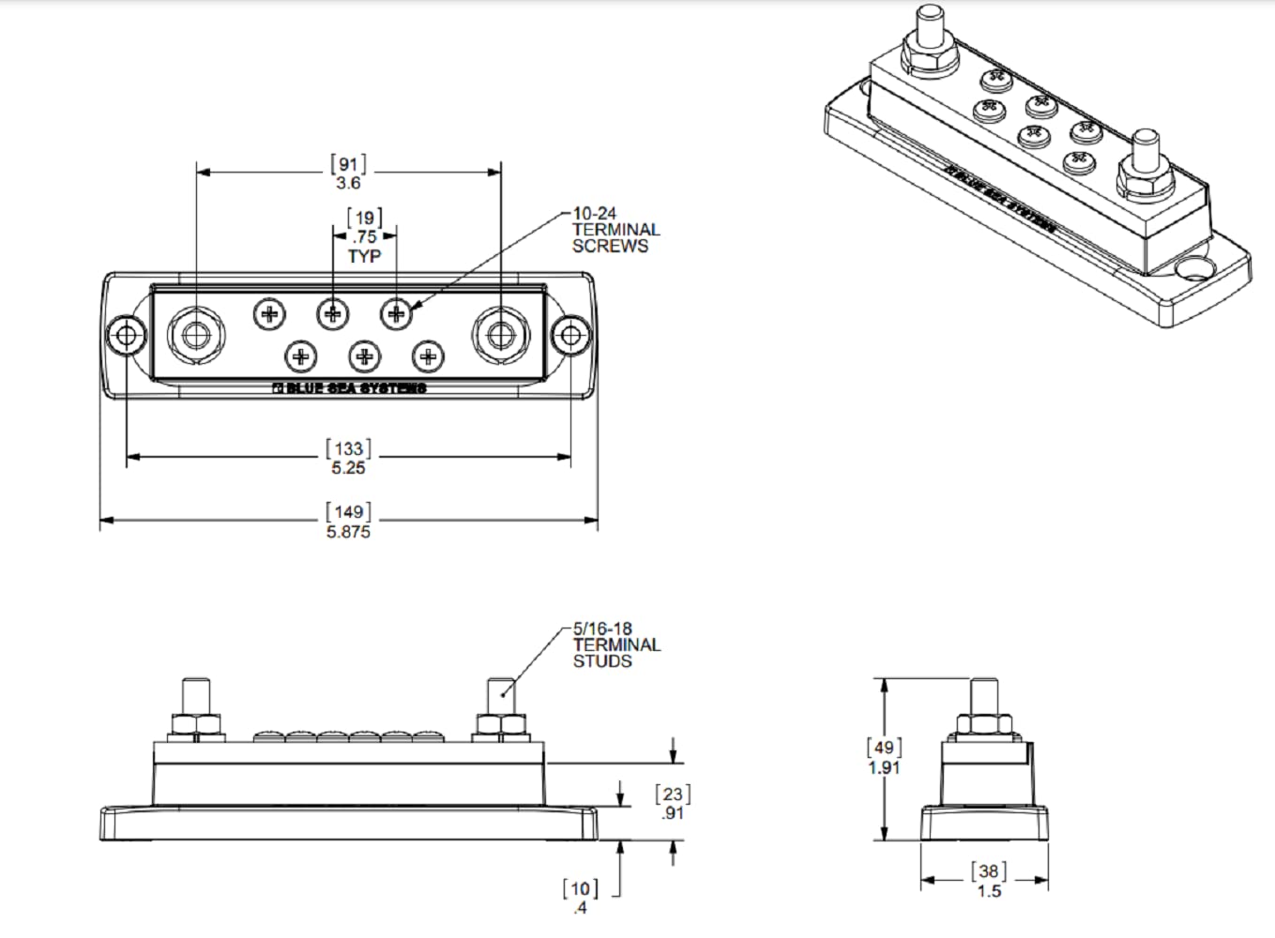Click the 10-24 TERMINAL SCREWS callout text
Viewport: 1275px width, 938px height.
(x=615, y=231)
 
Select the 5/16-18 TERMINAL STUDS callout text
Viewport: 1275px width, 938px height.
(x=616, y=645)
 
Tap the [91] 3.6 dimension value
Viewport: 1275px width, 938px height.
(x=348, y=173)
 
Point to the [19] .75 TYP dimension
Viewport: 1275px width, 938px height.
(x=365, y=237)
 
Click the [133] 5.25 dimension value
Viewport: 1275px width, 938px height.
(x=348, y=458)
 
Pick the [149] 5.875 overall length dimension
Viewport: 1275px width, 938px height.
(x=348, y=522)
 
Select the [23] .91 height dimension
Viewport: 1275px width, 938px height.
(x=673, y=804)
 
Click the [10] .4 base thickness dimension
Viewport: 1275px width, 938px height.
(x=580, y=898)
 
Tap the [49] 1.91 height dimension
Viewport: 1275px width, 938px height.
(x=884, y=757)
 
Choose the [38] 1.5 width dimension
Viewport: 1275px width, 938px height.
(x=989, y=881)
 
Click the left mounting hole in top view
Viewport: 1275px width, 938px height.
(x=125, y=335)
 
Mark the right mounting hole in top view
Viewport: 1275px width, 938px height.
(x=569, y=335)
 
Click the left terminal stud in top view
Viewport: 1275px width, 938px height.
(x=195, y=335)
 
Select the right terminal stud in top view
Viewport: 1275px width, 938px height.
(x=501, y=335)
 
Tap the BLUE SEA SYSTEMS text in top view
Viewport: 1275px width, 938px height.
(x=349, y=388)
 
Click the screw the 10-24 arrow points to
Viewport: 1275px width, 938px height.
(x=396, y=312)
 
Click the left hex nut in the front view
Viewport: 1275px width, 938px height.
(x=195, y=725)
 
